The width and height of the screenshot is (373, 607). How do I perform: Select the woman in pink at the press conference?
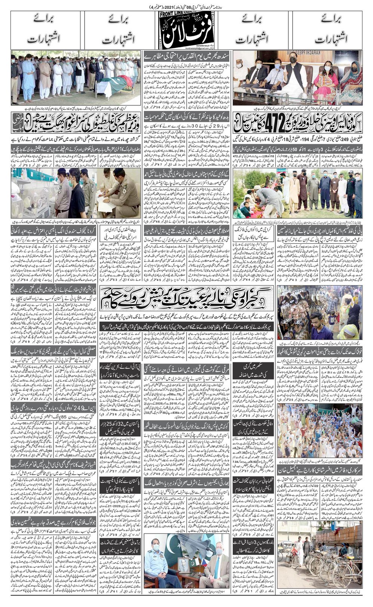[325, 80]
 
